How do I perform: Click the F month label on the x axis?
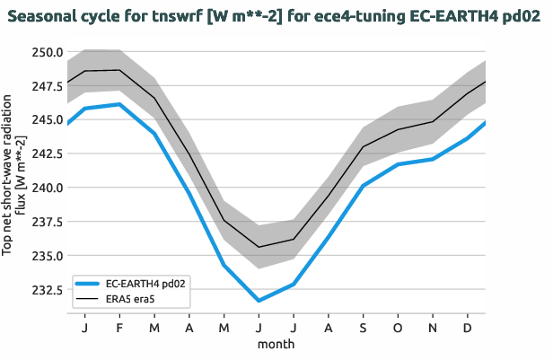tap(119, 328)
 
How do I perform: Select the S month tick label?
tap(363, 328)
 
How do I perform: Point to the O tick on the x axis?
tap(398, 328)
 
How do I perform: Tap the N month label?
tap(433, 328)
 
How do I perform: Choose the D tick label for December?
tap(468, 328)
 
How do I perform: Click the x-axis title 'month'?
tap(276, 343)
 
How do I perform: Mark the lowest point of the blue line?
tap(259, 301)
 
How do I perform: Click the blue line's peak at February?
tap(119, 104)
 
